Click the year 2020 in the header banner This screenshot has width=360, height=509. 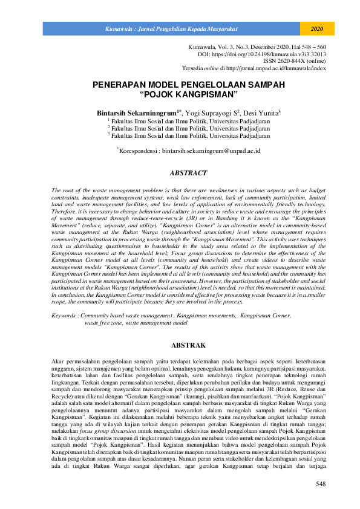318,29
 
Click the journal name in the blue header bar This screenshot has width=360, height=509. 171,29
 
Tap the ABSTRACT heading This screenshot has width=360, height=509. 188,173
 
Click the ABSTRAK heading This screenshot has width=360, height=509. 188,345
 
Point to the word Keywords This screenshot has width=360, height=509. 64,316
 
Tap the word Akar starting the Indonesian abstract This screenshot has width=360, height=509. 59,360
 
